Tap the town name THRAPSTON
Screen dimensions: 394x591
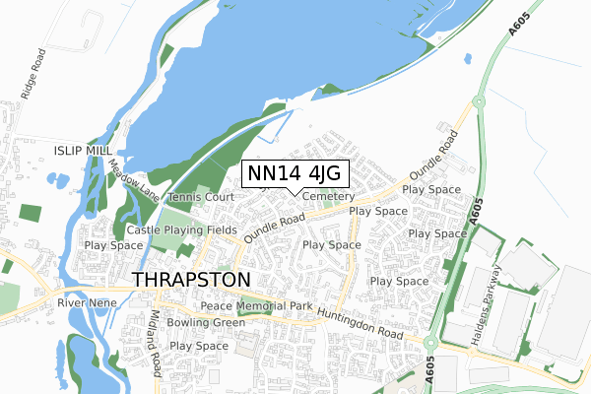(191, 280)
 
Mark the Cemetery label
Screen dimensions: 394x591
(328, 196)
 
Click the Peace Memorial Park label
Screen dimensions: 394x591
(256, 306)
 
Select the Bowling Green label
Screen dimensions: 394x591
(205, 322)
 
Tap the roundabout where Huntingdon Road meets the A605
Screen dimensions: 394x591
(432, 343)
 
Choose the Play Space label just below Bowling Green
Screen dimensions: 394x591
(199, 346)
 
